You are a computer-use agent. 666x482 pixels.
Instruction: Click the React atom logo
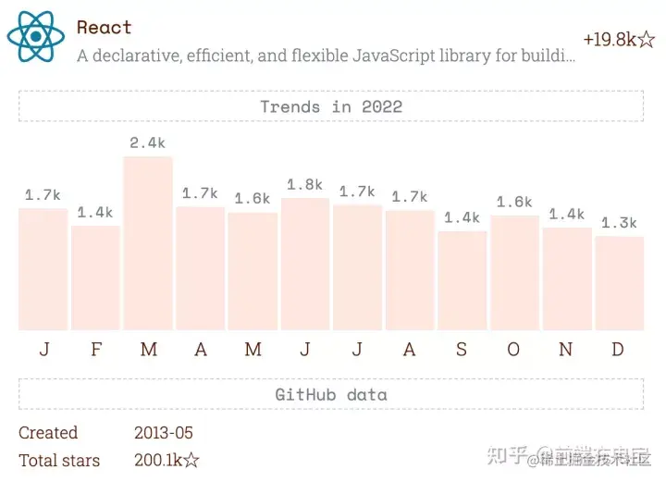pyautogui.click(x=36, y=36)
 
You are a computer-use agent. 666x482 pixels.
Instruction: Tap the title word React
pyautogui.click(x=105, y=28)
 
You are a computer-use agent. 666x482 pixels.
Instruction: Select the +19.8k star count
pyautogui.click(x=619, y=40)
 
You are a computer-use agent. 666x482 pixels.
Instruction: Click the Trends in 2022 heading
pyautogui.click(x=331, y=106)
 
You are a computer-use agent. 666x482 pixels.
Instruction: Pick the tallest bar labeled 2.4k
pyautogui.click(x=148, y=242)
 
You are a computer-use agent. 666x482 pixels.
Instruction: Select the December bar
pyautogui.click(x=619, y=283)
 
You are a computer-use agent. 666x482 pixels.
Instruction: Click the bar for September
pyautogui.click(x=462, y=280)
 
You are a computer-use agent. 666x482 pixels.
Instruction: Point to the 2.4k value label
pyautogui.click(x=147, y=142)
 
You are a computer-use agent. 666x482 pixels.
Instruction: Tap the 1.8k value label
pyautogui.click(x=304, y=185)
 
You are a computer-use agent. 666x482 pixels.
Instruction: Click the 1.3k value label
pyautogui.click(x=619, y=223)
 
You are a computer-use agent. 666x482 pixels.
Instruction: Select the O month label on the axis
pyautogui.click(x=513, y=350)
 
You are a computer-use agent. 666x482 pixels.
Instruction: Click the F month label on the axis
pyautogui.click(x=96, y=350)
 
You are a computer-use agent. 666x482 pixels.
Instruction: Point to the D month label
pyautogui.click(x=618, y=350)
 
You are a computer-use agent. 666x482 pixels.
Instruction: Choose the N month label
pyautogui.click(x=565, y=350)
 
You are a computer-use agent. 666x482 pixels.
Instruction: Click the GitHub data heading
pyautogui.click(x=331, y=394)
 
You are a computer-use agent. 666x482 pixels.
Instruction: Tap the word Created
pyautogui.click(x=48, y=433)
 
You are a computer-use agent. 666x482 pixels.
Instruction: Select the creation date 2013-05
pyautogui.click(x=164, y=433)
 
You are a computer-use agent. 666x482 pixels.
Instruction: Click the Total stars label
pyautogui.click(x=59, y=460)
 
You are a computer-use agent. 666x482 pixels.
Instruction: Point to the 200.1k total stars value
pyautogui.click(x=166, y=460)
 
